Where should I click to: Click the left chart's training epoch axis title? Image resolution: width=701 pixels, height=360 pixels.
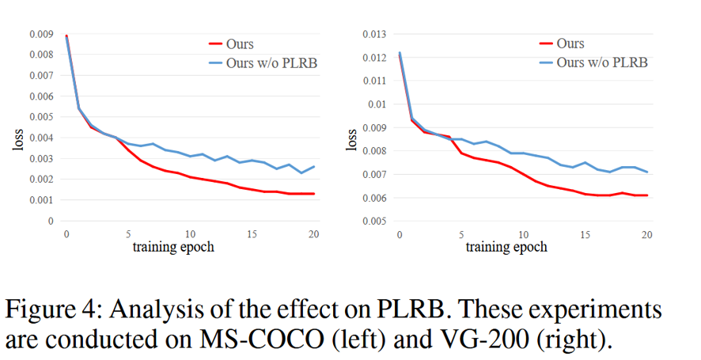coord(172,247)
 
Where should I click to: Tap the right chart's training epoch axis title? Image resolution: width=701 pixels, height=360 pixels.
coord(506,247)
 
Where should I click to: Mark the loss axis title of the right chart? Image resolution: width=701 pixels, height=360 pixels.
coord(350,139)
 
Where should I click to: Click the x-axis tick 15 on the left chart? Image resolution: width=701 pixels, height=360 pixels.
coord(252,234)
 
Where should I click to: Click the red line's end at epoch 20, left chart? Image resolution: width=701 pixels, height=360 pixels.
coord(314,194)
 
